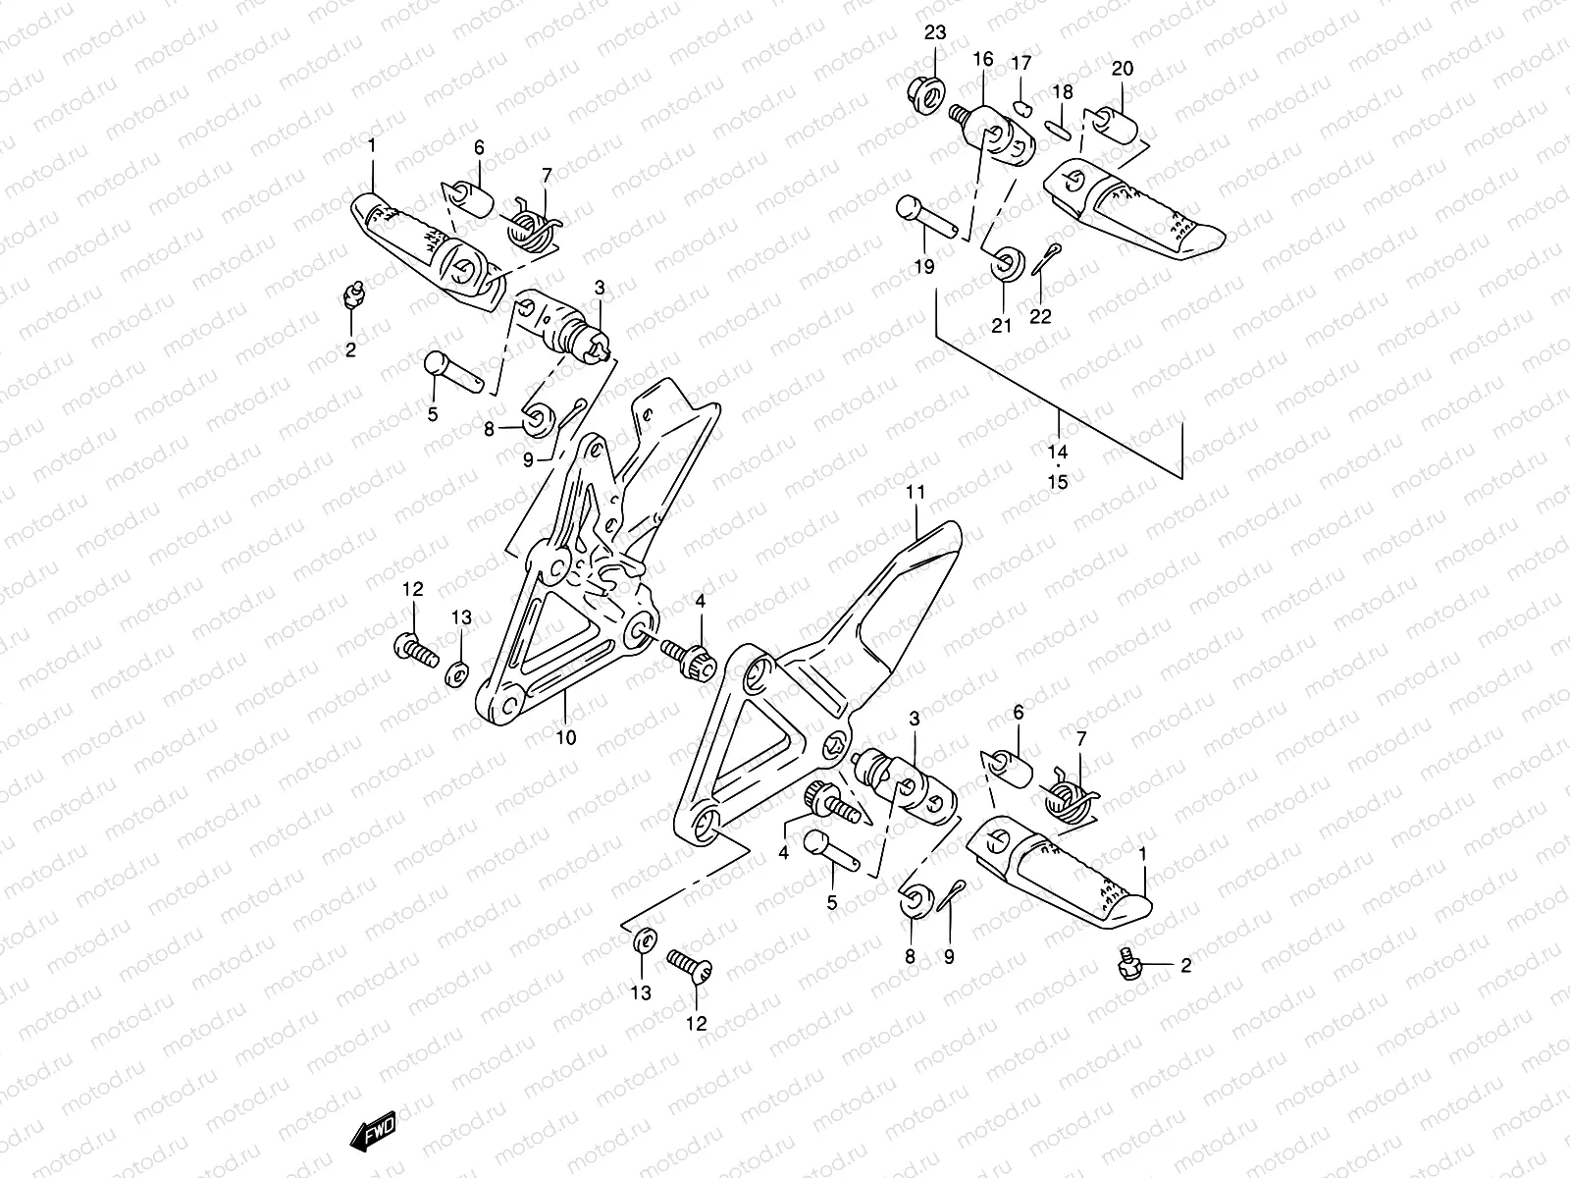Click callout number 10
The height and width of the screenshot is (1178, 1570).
[566, 737]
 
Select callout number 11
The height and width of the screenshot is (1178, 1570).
[916, 491]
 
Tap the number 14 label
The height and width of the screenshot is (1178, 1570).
[1058, 453]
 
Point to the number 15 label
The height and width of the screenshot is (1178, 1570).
[1058, 482]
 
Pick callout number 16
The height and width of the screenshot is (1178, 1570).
[983, 60]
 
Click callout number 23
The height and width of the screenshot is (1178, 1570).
[934, 32]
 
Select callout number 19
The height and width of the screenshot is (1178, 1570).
[925, 265]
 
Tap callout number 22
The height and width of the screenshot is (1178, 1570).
[1040, 315]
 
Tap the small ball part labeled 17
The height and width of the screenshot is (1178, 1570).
[1021, 107]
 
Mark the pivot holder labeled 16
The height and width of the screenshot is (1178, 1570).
[999, 138]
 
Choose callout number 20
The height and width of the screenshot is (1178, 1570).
[1123, 68]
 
